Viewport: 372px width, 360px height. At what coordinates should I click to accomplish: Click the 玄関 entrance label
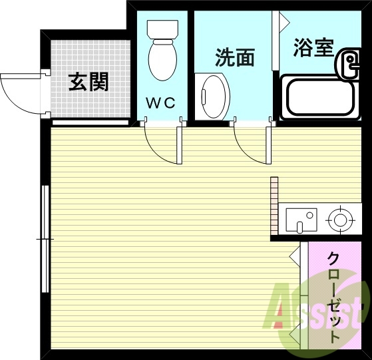(x=89, y=83)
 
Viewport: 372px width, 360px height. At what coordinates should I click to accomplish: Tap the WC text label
(x=160, y=102)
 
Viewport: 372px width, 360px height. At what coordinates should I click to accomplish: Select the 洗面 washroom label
(x=234, y=58)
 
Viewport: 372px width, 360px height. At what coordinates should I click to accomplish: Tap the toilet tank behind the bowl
(x=160, y=29)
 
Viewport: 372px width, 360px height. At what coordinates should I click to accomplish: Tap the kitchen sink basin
(x=301, y=218)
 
